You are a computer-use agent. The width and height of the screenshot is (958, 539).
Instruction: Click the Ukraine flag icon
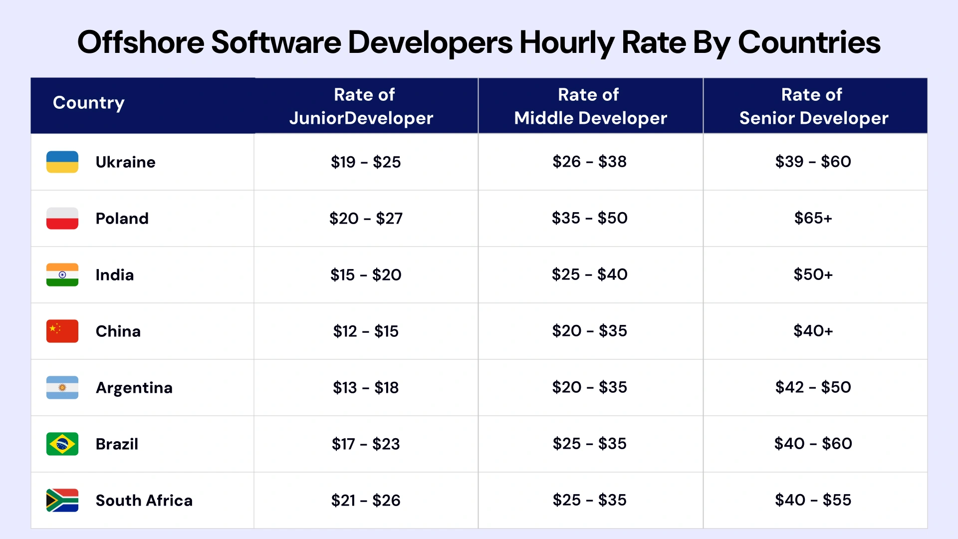(62, 162)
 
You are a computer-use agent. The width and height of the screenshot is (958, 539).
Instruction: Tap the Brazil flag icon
(62, 444)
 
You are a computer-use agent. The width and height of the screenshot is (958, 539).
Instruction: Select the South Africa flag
(62, 500)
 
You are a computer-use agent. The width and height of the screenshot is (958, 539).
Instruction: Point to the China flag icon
(62, 331)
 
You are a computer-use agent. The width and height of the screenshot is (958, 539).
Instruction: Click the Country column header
(89, 103)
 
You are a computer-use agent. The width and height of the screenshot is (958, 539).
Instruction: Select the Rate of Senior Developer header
(813, 106)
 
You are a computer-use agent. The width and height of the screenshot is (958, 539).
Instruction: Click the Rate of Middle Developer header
(590, 106)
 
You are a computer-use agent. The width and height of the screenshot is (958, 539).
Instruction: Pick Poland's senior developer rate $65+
(813, 218)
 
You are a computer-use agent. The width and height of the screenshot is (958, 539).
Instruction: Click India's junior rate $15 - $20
(366, 274)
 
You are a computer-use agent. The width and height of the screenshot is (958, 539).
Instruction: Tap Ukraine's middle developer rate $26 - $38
(589, 162)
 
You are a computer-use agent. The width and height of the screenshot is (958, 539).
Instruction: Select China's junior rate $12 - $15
(366, 331)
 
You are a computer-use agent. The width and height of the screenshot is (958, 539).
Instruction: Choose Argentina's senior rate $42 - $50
(813, 387)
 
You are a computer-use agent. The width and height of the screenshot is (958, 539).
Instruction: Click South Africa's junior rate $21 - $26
(366, 500)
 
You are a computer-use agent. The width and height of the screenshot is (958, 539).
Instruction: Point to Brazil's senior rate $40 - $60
(813, 444)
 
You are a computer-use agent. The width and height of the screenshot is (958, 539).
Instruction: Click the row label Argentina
(134, 388)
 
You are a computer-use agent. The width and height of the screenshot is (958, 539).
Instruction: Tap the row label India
(114, 275)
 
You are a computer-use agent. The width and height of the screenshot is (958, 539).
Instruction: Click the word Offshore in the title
(140, 42)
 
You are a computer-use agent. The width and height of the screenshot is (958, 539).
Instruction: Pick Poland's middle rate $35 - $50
(589, 218)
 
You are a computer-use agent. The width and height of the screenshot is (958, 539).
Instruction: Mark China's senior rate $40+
(813, 331)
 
